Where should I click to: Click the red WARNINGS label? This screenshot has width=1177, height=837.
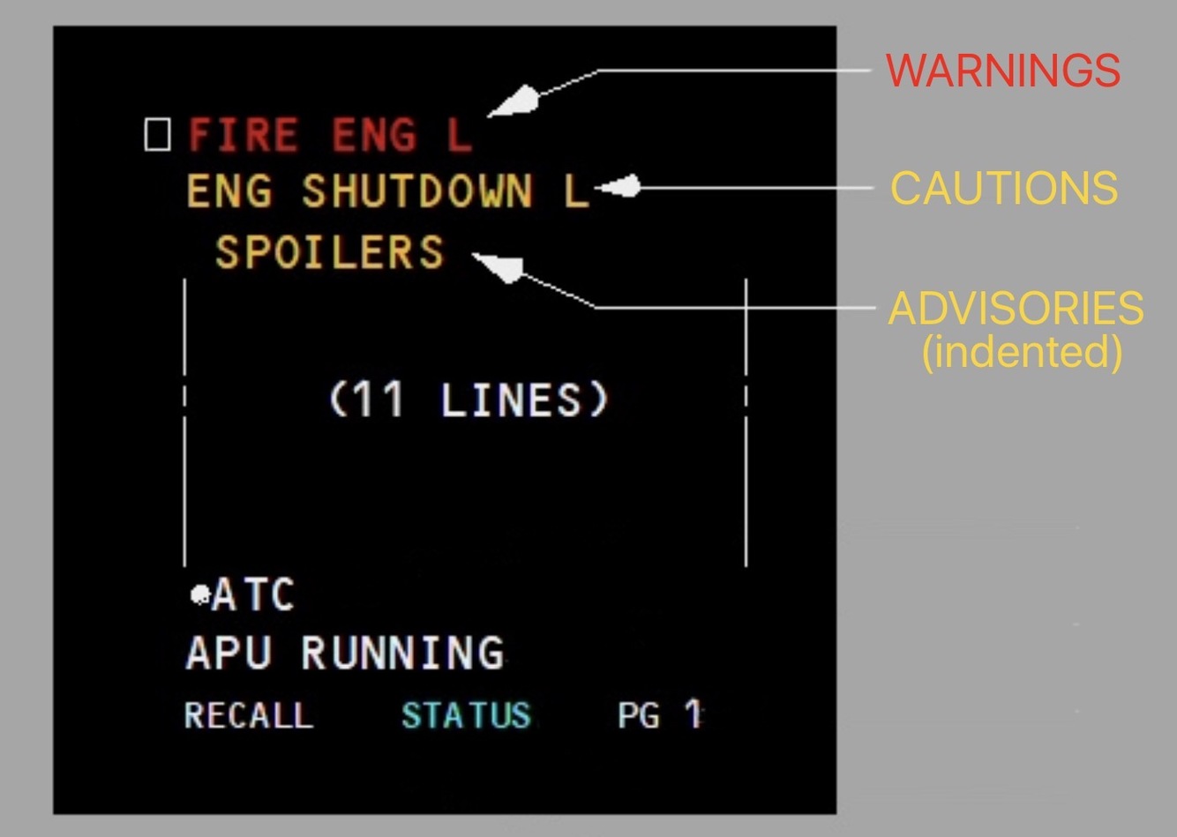tap(1003, 71)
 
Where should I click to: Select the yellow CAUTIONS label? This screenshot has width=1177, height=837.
tap(1004, 188)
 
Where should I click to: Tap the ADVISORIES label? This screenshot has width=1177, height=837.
tap(1016, 309)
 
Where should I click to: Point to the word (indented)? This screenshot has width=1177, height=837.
tap(1022, 351)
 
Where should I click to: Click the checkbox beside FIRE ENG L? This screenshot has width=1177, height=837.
tap(157, 135)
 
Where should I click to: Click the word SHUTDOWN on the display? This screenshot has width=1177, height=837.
tap(417, 191)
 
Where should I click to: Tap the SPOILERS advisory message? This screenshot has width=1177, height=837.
tap(329, 252)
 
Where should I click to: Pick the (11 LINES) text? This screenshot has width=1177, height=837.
tap(469, 400)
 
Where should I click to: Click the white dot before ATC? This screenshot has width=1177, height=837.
tap(200, 594)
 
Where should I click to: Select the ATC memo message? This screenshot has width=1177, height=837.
tap(252, 594)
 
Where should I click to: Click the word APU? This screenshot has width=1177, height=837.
tap(229, 654)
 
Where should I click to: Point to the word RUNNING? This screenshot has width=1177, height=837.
tap(402, 654)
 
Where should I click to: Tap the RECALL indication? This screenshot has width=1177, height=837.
tap(249, 714)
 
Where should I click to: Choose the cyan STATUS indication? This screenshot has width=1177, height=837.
tap(466, 714)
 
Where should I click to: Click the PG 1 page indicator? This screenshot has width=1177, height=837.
tap(659, 714)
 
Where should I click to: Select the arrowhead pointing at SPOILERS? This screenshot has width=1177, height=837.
tap(499, 265)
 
